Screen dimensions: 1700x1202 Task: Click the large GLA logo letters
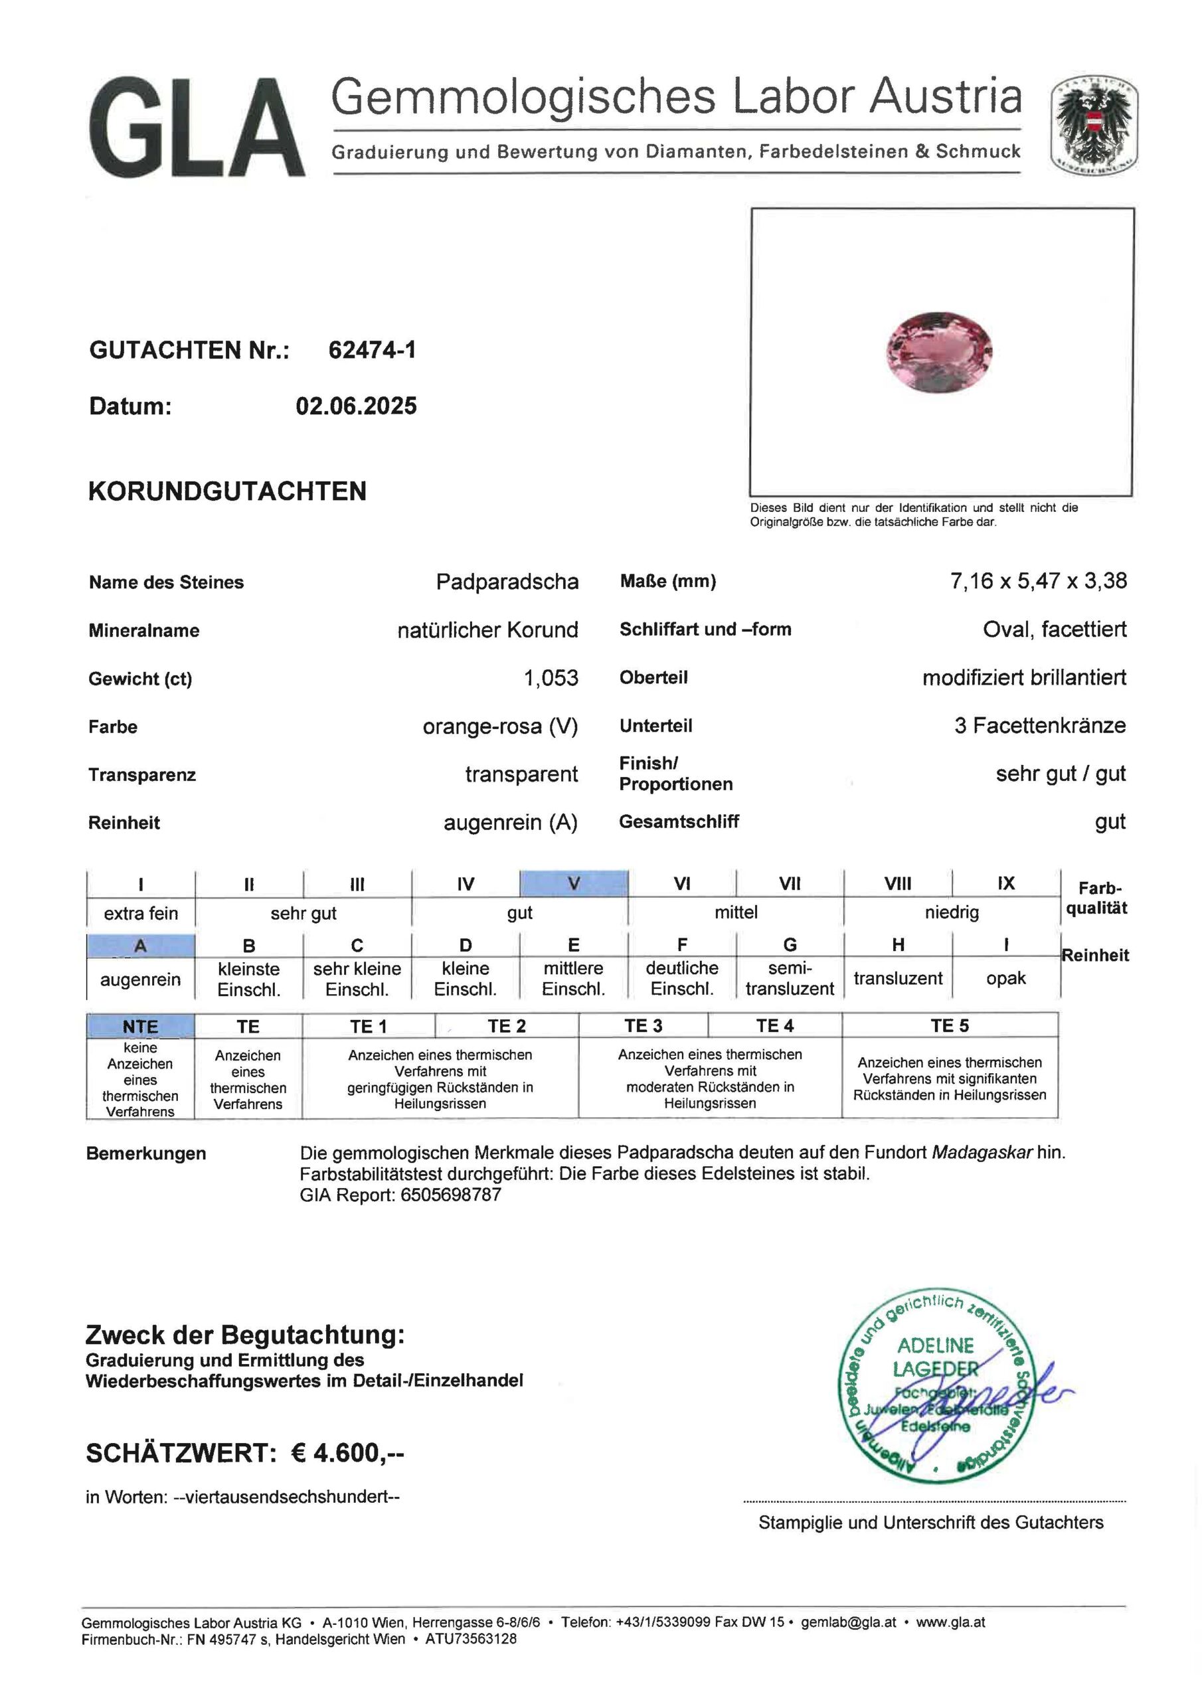pyautogui.click(x=197, y=127)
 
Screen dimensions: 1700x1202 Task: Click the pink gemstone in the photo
pyautogui.click(x=938, y=352)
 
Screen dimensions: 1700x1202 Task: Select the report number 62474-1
pyautogui.click(x=372, y=350)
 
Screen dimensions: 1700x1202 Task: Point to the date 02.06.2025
pyautogui.click(x=356, y=406)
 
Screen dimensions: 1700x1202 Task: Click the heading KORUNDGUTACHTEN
pyautogui.click(x=227, y=491)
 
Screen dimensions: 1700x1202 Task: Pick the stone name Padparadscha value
pyautogui.click(x=507, y=582)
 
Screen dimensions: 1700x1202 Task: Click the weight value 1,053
pyautogui.click(x=551, y=678)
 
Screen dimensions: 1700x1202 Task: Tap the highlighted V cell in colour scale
pyautogui.click(x=573, y=883)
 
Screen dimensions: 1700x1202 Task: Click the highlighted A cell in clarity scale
pyautogui.click(x=140, y=946)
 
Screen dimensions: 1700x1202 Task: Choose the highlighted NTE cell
pyautogui.click(x=140, y=1026)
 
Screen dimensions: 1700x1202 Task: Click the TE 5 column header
pyautogui.click(x=950, y=1025)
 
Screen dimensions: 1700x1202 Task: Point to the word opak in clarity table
pyautogui.click(x=1005, y=978)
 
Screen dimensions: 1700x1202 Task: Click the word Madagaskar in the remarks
pyautogui.click(x=982, y=1152)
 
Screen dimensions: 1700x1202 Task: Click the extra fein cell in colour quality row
pyautogui.click(x=141, y=914)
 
